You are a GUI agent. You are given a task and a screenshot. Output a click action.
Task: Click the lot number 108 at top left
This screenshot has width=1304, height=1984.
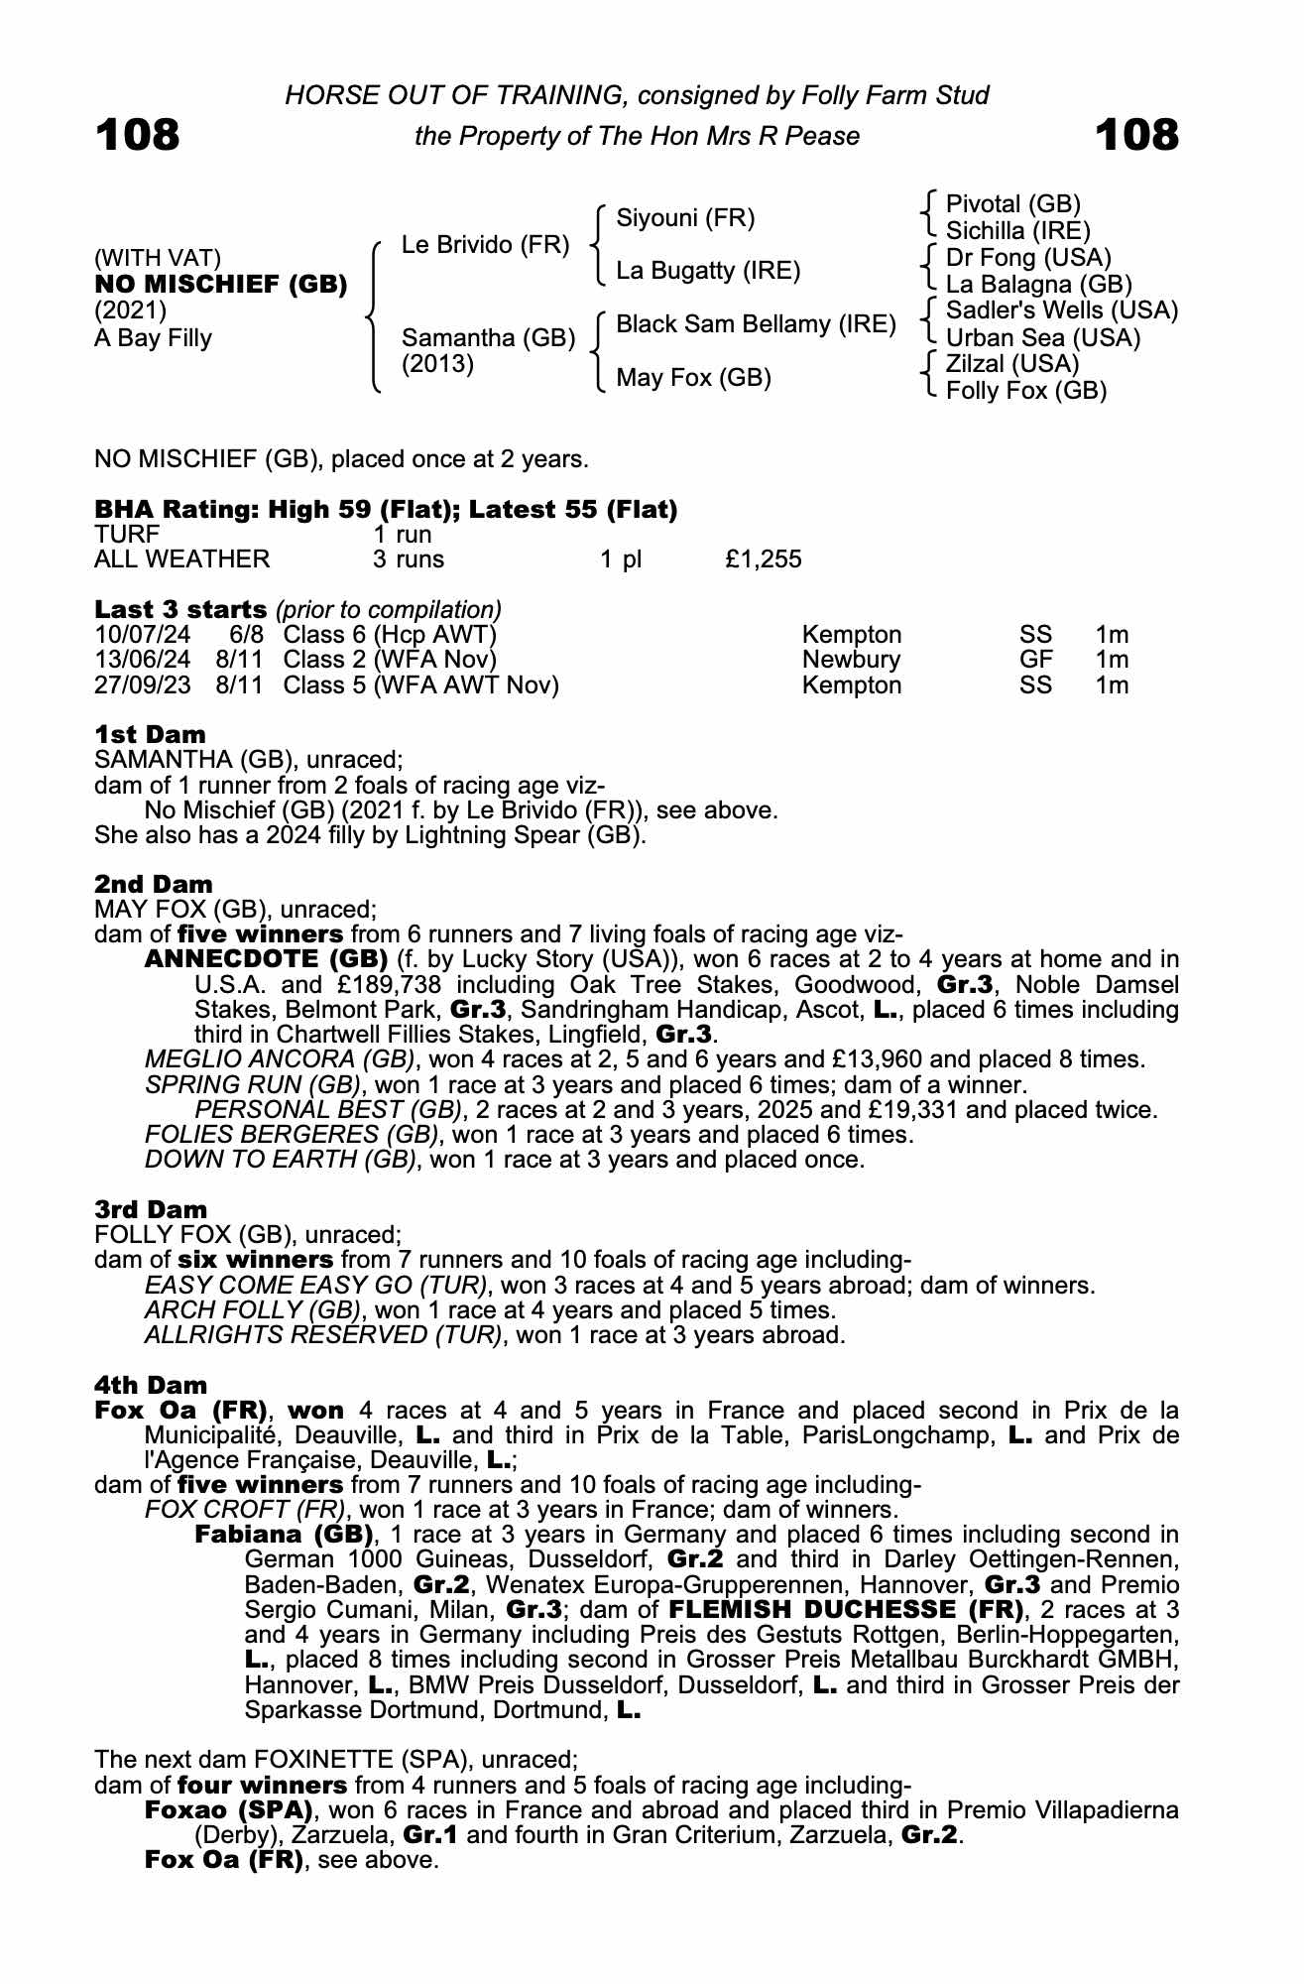pyautogui.click(x=138, y=135)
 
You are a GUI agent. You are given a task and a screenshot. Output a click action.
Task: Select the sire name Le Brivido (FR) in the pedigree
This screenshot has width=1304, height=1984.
pyautogui.click(x=485, y=244)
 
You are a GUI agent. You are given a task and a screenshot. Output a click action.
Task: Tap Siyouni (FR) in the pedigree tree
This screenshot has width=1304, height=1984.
pyautogui.click(x=685, y=217)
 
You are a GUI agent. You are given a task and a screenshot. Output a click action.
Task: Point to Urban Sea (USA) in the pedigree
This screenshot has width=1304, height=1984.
pyautogui.click(x=1043, y=337)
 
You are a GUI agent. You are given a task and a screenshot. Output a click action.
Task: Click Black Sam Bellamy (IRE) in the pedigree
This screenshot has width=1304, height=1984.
pyautogui.click(x=756, y=324)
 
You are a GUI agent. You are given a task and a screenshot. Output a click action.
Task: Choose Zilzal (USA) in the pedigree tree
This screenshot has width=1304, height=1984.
pyautogui.click(x=1012, y=364)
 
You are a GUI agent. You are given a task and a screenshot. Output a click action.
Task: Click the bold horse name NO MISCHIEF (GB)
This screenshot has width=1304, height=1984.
pyautogui.click(x=221, y=285)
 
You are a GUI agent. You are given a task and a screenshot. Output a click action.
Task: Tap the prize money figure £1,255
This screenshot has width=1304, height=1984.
pyautogui.click(x=763, y=559)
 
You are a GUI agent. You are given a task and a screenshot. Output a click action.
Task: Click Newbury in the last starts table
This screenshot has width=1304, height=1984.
pyautogui.click(x=851, y=660)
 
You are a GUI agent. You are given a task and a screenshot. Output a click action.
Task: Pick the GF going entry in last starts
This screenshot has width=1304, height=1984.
pyautogui.click(x=1036, y=660)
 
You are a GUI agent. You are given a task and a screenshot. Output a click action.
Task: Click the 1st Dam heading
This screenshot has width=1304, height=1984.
pyautogui.click(x=150, y=735)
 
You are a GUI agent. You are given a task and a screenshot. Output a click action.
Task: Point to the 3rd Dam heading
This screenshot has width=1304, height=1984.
pyautogui.click(x=151, y=1209)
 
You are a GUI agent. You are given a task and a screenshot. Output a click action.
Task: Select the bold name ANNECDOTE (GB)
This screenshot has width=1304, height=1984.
pyautogui.click(x=266, y=959)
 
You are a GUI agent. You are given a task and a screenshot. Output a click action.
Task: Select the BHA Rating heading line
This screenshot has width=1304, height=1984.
pyautogui.click(x=386, y=510)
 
